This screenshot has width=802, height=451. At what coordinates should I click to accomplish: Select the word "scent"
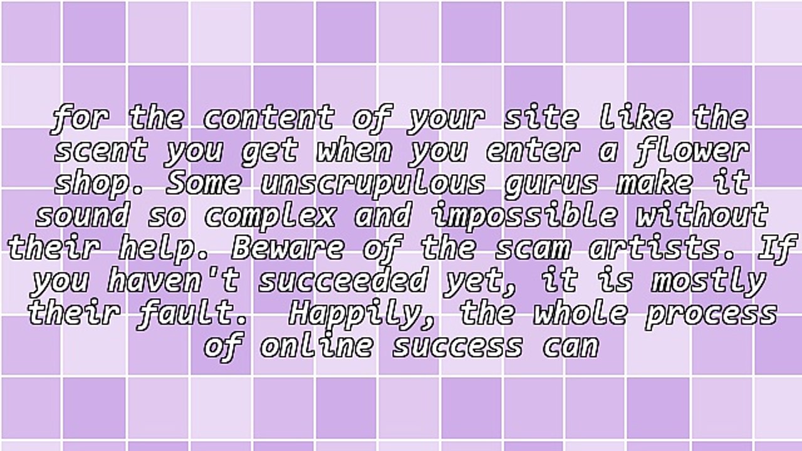[100, 150]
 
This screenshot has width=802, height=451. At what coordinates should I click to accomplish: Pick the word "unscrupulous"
[373, 183]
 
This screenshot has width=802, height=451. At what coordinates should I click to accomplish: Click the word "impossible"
[524, 215]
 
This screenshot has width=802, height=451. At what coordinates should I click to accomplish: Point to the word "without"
[702, 215]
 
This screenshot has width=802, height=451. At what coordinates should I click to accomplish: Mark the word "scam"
[532, 248]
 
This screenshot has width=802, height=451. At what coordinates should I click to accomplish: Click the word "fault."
[192, 313]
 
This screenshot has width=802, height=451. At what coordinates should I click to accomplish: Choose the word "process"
[711, 313]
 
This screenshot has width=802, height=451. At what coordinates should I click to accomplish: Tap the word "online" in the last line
[315, 346]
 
